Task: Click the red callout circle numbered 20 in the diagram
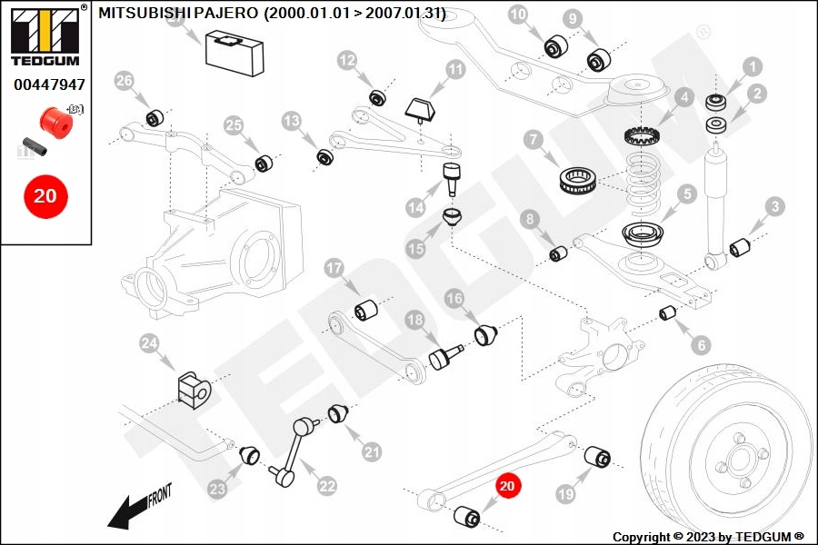click(507, 486)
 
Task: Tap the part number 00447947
click(49, 84)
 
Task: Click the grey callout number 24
click(149, 343)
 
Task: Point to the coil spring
click(643, 183)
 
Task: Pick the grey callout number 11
click(455, 69)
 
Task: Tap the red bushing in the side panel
click(56, 124)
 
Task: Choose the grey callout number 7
click(534, 140)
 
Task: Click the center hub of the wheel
click(740, 460)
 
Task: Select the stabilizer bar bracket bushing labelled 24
click(195, 390)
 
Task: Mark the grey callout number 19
click(566, 494)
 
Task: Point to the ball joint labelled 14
click(452, 178)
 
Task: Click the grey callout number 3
click(775, 206)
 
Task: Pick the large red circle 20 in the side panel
click(45, 196)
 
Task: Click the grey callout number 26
click(125, 81)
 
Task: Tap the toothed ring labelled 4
click(643, 136)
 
